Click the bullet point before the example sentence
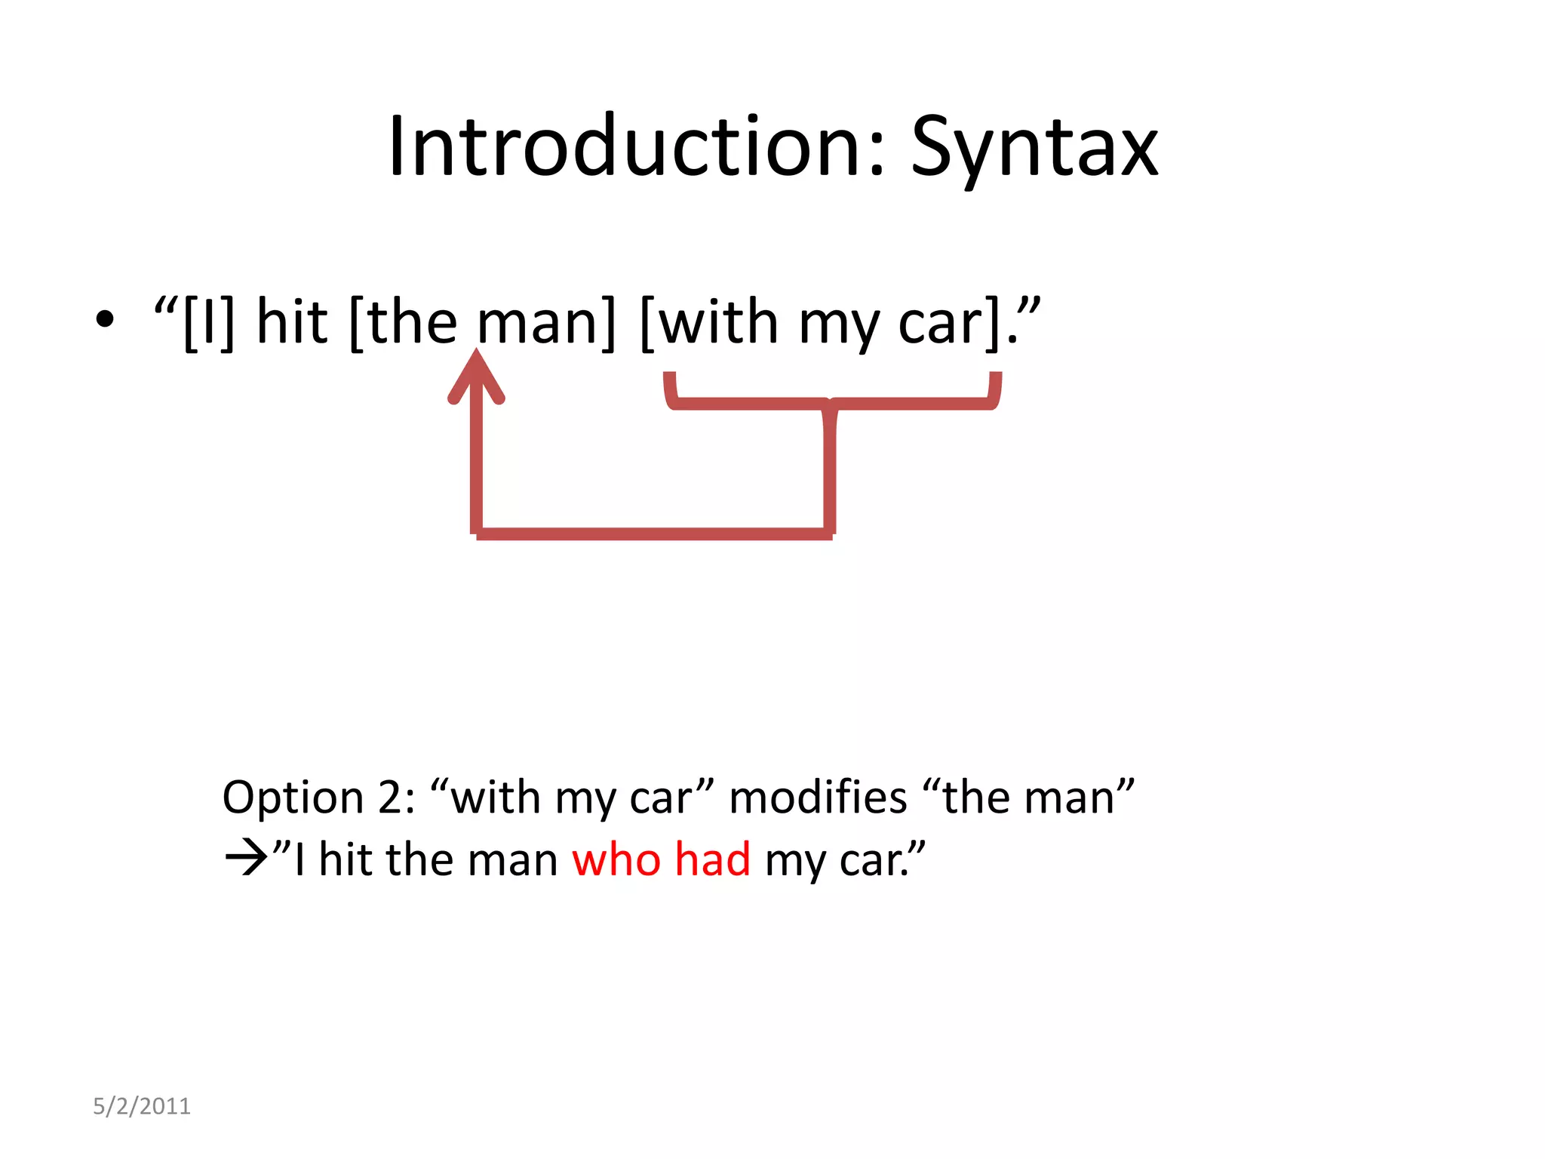coord(105,320)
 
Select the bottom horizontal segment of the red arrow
coord(653,534)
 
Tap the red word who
coord(616,859)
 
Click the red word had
coord(712,859)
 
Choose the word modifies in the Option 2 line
coord(818,798)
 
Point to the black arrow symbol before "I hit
coord(246,859)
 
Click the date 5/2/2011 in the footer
coord(142,1106)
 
